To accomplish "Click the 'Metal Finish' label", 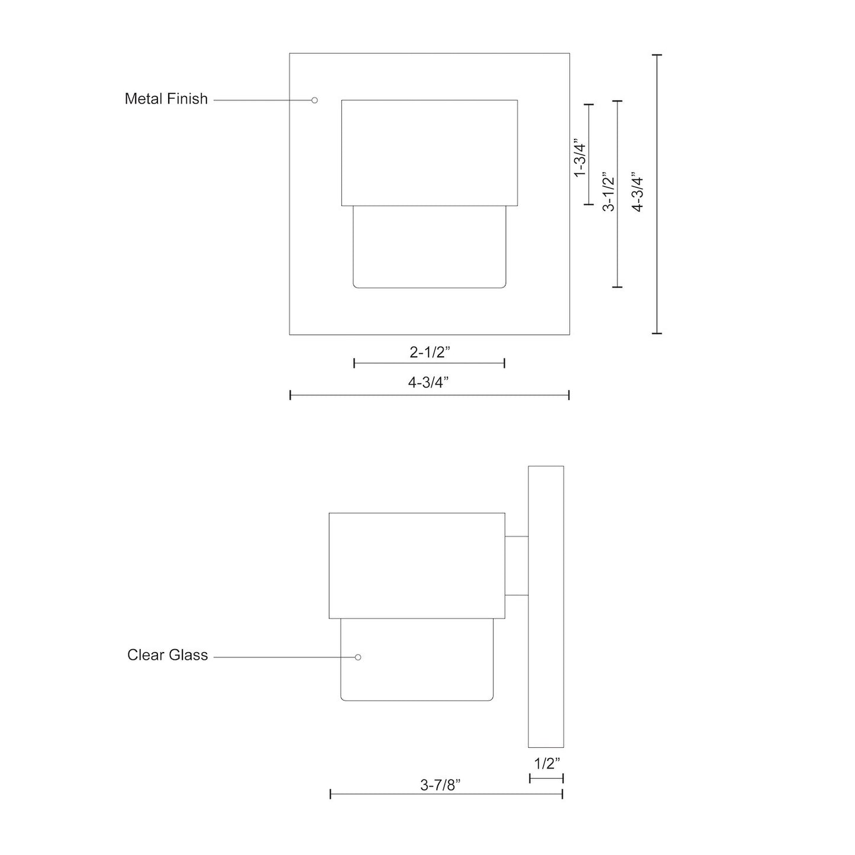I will click(x=166, y=99).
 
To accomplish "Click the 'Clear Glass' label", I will click(x=167, y=655).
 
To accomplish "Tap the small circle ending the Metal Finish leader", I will click(x=315, y=100).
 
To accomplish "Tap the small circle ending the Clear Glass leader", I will click(x=358, y=657).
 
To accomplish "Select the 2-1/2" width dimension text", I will click(x=430, y=353).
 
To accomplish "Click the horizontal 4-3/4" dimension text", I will click(x=428, y=383).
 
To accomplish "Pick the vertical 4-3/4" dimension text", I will click(x=638, y=192).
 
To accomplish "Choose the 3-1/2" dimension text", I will click(x=608, y=192).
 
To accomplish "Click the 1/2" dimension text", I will click(x=546, y=763).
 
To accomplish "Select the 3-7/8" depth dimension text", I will click(x=440, y=785).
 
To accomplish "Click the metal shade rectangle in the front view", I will click(x=430, y=153).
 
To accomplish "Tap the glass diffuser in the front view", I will click(x=430, y=247).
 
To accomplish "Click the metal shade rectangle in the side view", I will click(x=417, y=566).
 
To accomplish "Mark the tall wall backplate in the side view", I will click(x=546, y=606).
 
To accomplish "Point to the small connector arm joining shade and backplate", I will click(x=516, y=566).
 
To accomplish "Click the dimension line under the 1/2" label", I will click(x=546, y=778).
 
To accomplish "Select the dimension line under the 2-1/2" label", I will click(x=429, y=363).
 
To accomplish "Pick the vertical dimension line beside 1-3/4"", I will click(x=588, y=154).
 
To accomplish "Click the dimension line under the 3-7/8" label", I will click(x=446, y=794).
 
